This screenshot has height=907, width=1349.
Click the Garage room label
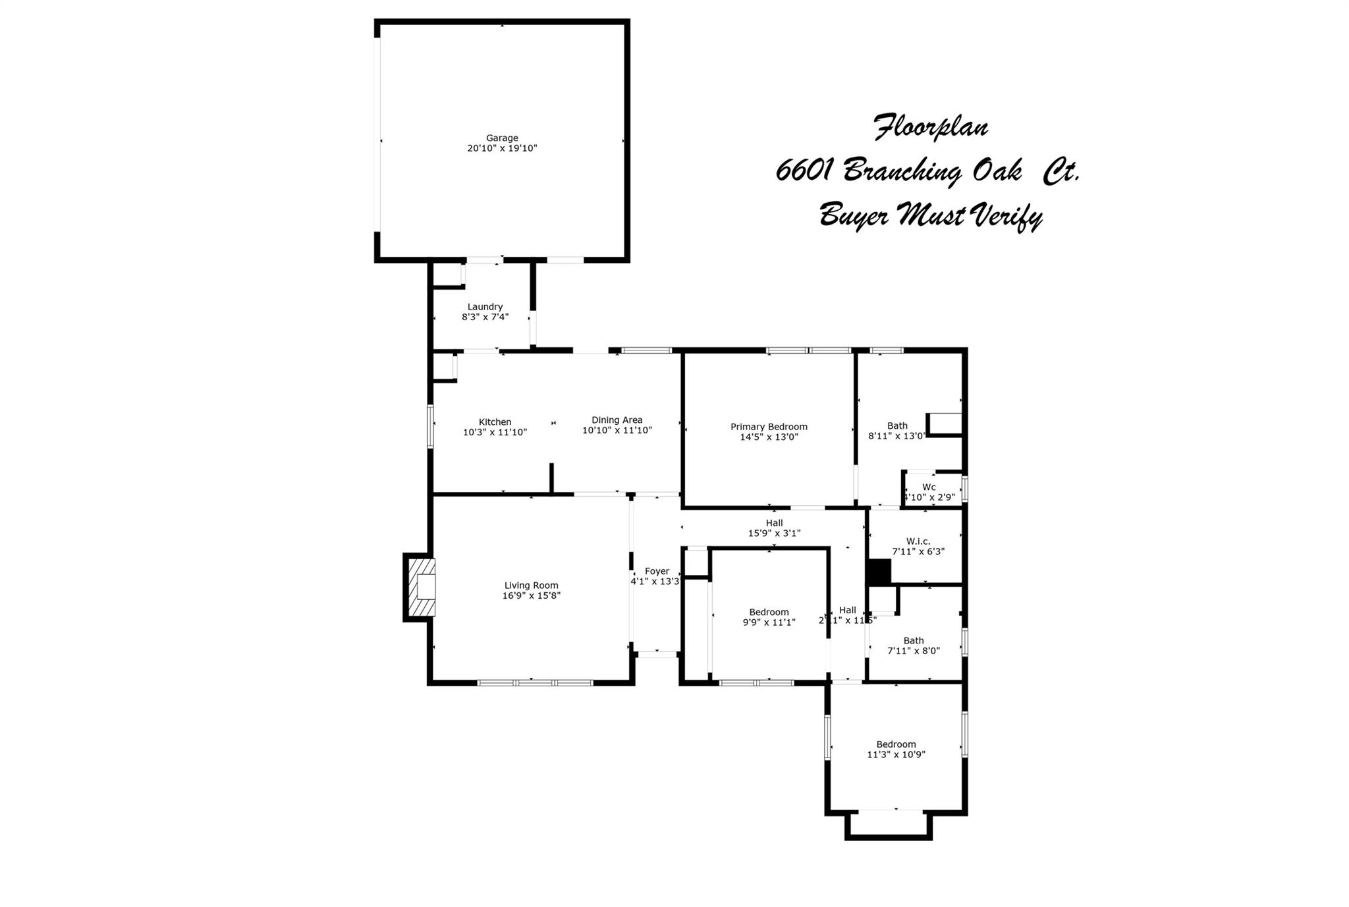502,138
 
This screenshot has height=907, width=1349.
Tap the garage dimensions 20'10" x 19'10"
502,149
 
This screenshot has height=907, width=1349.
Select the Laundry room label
485,307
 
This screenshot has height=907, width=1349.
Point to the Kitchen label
495,422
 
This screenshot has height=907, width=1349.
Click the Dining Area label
617,420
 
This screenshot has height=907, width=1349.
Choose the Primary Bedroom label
769,427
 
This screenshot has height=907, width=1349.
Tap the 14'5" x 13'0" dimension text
769,437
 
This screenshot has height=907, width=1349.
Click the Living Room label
531,586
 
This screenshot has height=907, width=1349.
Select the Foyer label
657,572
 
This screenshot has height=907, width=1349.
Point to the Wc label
929,487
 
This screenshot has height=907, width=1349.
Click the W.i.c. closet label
918,541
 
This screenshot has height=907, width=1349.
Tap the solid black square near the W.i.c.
879,572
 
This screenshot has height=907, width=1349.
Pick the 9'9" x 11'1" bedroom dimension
769,622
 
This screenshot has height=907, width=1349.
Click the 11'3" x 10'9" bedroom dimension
896,755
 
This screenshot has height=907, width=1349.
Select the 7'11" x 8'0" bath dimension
913,651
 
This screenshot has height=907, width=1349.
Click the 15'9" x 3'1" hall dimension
774,534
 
